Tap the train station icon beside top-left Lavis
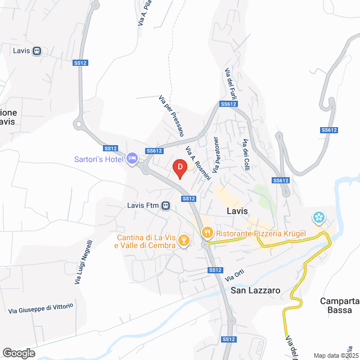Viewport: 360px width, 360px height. click(37, 51)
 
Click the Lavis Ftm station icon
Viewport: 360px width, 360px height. click(166, 205)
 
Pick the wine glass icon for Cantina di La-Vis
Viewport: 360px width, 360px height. click(183, 241)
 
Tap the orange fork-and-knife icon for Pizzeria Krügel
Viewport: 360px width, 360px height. click(207, 232)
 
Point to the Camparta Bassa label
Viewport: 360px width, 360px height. click(340, 305)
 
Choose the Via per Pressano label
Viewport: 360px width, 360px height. click(172, 115)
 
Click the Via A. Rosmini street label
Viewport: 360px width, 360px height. click(197, 163)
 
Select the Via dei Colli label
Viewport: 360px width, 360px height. click(246, 152)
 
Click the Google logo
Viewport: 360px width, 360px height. click(19, 353)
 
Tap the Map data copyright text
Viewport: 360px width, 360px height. click(335, 355)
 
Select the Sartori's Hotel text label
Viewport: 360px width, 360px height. click(99, 159)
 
